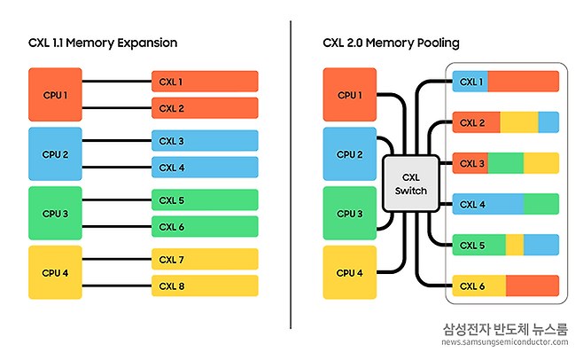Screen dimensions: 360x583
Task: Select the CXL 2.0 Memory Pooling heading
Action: (x=391, y=43)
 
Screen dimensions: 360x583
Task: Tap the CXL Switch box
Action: (x=409, y=184)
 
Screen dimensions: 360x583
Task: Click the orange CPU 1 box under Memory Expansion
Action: (x=55, y=94)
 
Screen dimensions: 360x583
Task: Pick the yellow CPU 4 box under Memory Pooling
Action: (x=350, y=272)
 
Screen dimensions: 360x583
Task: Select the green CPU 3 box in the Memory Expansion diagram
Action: (x=55, y=213)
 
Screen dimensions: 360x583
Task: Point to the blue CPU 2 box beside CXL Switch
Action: (x=350, y=153)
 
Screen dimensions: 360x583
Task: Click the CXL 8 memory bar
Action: (x=205, y=286)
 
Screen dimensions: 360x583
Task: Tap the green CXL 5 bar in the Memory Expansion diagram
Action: (x=205, y=200)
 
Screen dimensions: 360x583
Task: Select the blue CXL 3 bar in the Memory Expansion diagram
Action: (x=205, y=140)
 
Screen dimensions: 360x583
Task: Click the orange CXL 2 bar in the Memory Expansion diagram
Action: (x=205, y=107)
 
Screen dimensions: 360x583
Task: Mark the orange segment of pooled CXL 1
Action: (x=523, y=82)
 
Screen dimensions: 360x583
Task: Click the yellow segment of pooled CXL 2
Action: (x=519, y=122)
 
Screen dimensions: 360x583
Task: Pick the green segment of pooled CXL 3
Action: (x=506, y=163)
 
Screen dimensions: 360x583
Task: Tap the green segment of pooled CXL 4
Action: (x=541, y=204)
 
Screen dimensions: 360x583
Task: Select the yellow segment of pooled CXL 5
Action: (x=515, y=245)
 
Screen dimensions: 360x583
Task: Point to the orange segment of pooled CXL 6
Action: (x=532, y=286)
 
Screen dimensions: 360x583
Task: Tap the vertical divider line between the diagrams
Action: (x=291, y=177)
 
